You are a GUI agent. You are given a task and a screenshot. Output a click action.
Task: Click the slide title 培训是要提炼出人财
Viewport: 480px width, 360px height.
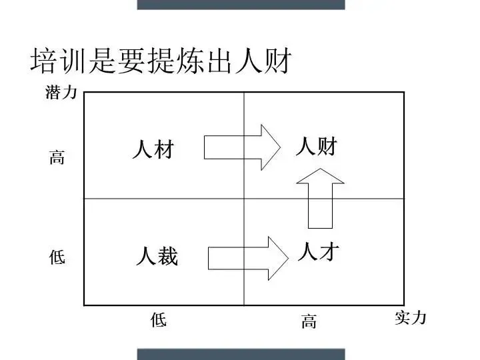click(160, 61)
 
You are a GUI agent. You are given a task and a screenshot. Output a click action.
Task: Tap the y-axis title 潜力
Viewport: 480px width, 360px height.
click(61, 93)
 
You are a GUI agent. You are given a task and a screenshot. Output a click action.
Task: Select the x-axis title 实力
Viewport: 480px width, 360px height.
click(410, 318)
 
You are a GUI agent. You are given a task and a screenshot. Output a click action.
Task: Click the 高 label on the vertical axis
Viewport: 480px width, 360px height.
click(57, 159)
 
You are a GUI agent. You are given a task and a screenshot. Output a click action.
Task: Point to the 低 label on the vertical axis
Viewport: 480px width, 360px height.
click(57, 257)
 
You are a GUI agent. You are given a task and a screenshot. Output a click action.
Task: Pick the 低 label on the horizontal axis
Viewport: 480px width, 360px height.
click(158, 321)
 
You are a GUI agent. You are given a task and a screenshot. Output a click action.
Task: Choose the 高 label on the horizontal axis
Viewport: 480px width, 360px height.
click(308, 323)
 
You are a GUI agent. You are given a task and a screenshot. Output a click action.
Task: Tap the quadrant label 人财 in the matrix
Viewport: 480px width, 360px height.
click(316, 146)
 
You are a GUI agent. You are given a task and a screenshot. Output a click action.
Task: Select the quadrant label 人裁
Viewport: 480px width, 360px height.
click(157, 256)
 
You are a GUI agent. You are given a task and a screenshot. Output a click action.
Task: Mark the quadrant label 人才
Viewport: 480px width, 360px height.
click(318, 252)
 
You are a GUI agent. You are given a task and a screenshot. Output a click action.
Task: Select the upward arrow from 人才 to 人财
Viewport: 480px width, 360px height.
click(320, 197)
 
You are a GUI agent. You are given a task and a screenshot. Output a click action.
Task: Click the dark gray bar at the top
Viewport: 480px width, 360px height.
click(241, 4)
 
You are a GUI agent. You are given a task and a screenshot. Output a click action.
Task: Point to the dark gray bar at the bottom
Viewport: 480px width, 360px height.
click(241, 354)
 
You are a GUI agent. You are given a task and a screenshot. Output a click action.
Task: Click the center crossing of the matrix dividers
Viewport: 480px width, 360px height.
click(244, 199)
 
